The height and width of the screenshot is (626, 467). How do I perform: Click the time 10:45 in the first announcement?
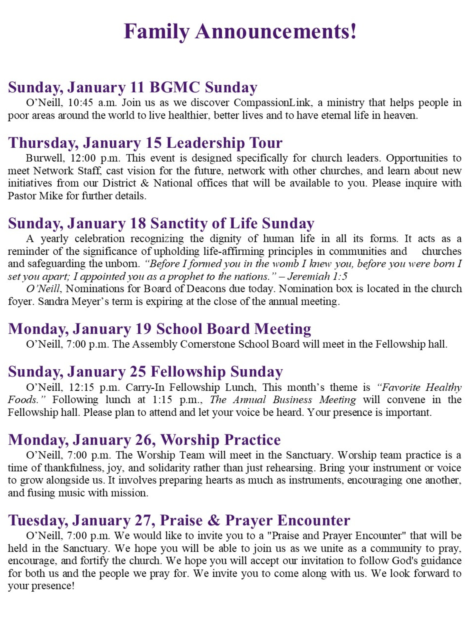(80, 103)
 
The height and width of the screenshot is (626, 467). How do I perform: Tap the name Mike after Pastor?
(51, 196)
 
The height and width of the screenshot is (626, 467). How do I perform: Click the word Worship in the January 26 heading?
(190, 440)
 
